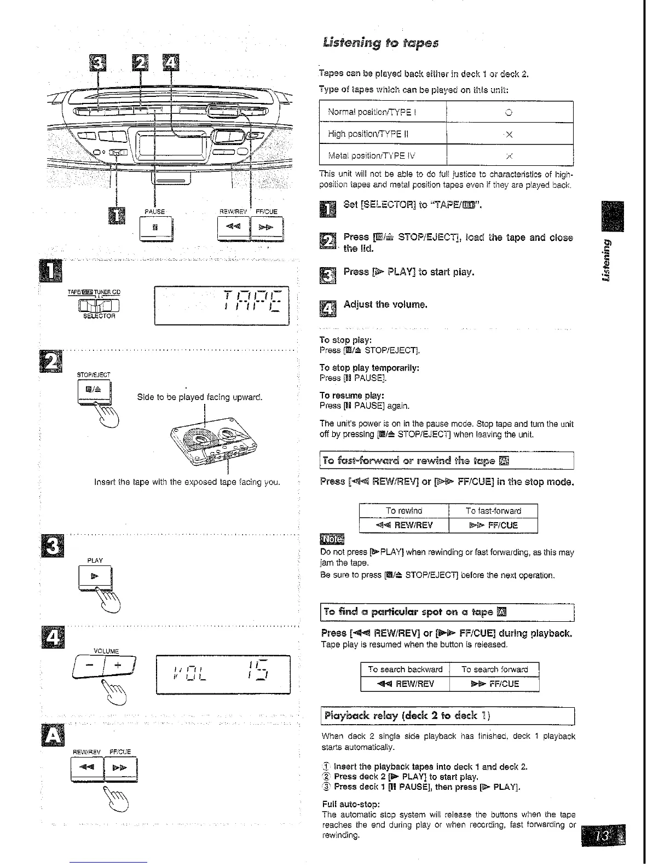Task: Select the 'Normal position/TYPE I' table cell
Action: (383, 112)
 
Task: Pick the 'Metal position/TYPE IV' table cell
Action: (383, 155)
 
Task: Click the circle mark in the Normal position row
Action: (509, 113)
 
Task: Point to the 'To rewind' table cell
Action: (403, 511)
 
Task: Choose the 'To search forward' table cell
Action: (494, 669)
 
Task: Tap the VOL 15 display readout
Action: (222, 674)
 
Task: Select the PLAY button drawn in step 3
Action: (94, 577)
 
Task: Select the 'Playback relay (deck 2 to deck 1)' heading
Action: (407, 716)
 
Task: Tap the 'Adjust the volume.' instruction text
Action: (385, 304)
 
